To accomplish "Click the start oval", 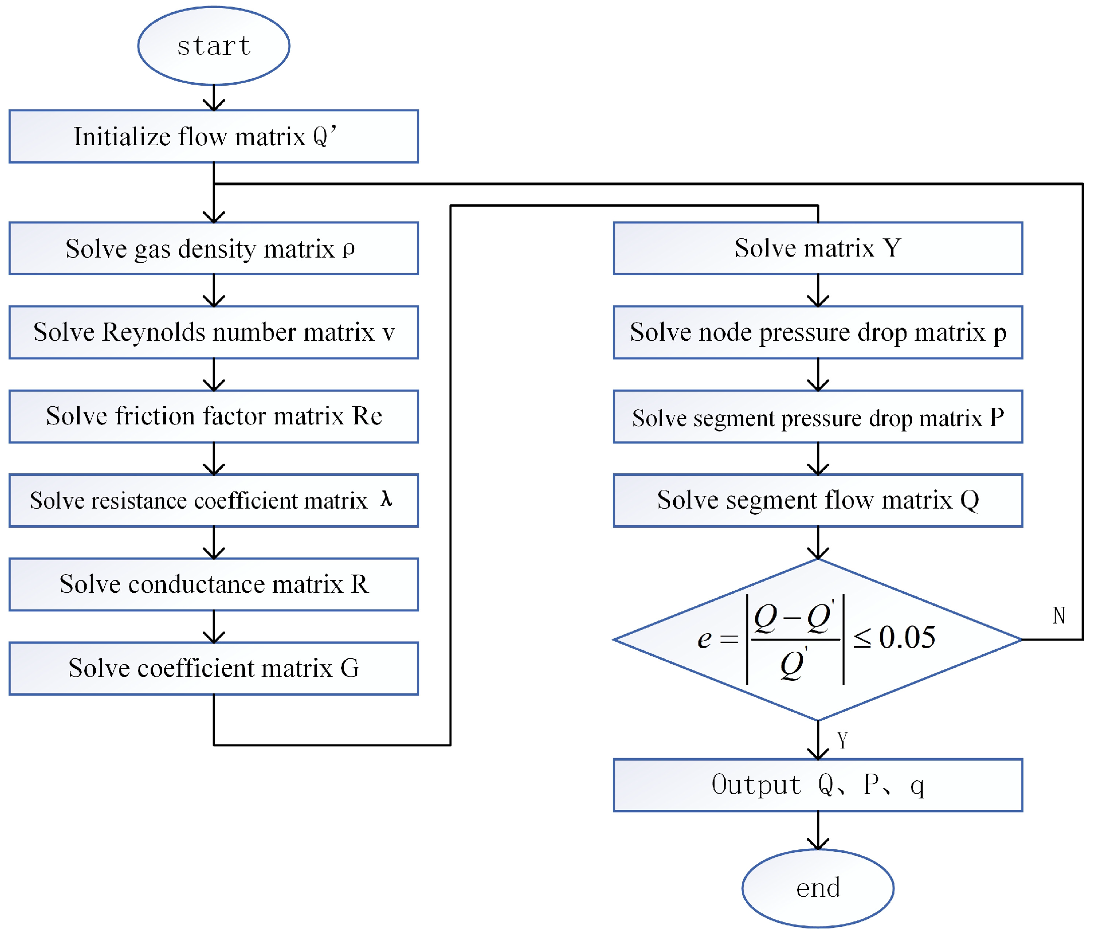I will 213,46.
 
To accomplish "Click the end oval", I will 817,888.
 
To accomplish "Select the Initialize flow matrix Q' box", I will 213,136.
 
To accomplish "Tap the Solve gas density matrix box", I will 213,248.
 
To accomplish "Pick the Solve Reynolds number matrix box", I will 213,332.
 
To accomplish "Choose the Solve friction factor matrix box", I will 213,416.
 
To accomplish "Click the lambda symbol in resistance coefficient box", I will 386,498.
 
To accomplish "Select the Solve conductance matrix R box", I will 213,584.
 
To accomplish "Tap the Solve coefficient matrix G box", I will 213,668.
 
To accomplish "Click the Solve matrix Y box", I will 817,248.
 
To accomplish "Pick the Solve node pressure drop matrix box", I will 817,332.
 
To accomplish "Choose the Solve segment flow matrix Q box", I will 817,500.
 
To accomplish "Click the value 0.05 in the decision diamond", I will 907,638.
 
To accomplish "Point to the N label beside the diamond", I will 1058,615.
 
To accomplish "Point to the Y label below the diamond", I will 842,740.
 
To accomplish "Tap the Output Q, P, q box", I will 817,785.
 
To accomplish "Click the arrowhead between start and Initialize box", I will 213,105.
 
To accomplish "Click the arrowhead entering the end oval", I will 817,844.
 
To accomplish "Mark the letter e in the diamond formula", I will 704,639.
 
